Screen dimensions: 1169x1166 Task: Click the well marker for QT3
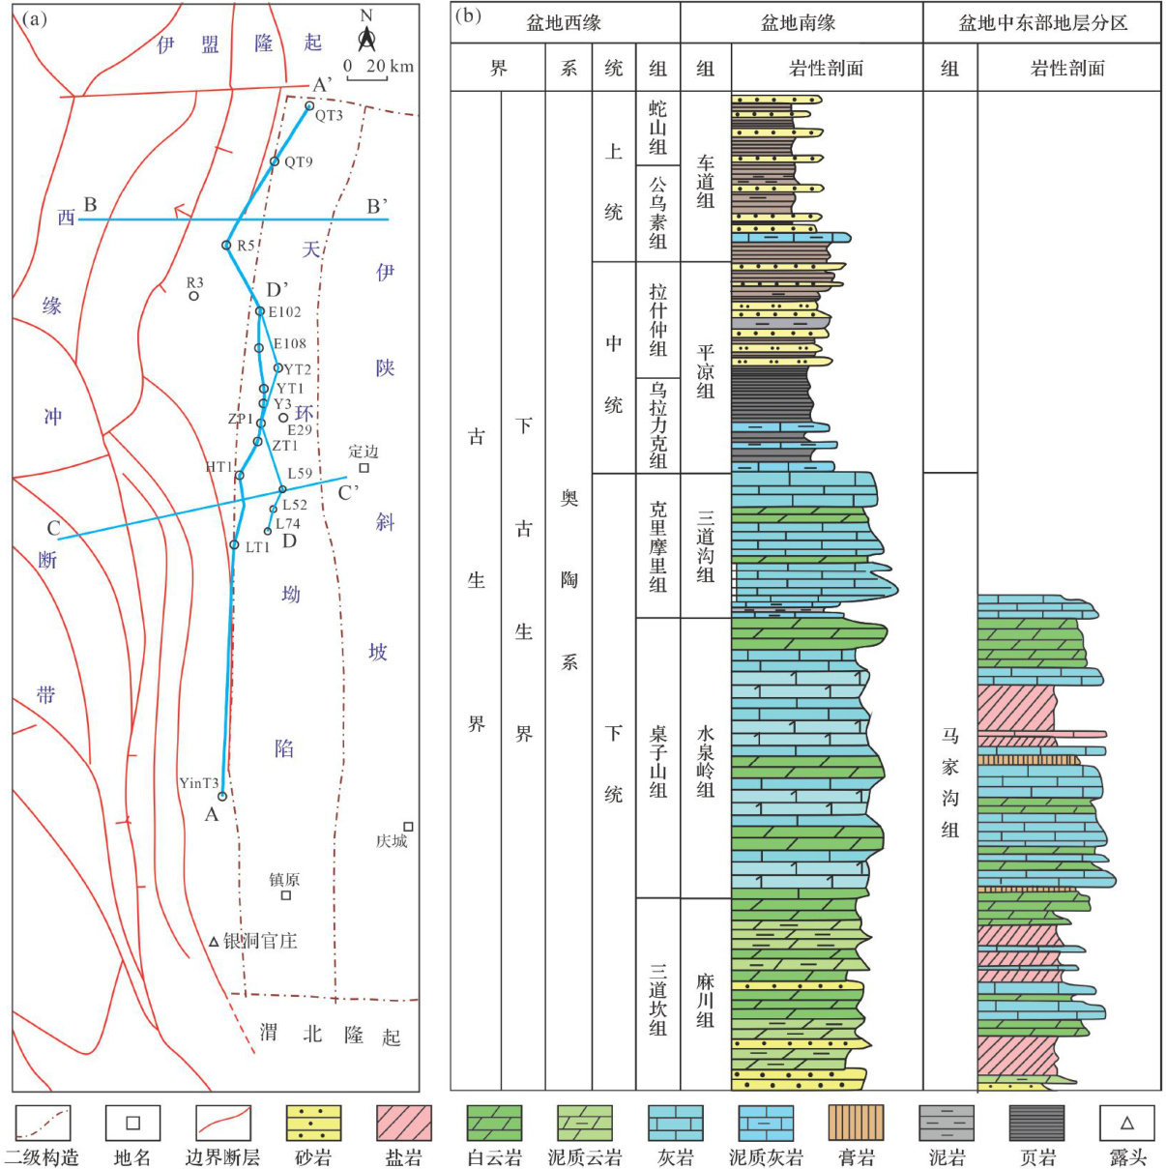coord(309,106)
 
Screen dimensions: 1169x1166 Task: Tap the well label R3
coord(195,282)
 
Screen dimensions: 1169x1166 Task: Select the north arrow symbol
coord(366,39)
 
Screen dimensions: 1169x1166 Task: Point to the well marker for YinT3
coord(222,797)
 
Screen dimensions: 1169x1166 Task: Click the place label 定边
coord(363,452)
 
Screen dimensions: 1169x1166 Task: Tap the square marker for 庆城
coord(408,827)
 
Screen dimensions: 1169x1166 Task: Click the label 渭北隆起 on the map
coord(330,1035)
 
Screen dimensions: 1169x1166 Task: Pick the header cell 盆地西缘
coord(563,22)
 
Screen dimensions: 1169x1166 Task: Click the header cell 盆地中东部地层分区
coord(1042,22)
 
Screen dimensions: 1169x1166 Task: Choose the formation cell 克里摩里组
coord(658,546)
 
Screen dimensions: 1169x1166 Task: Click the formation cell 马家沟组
coord(950,783)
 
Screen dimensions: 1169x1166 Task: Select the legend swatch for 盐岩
coord(403,1124)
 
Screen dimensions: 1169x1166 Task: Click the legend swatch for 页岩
coord(1036,1124)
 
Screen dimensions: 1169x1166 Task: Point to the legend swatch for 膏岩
coord(856,1124)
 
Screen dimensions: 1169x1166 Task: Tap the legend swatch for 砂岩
coord(313,1124)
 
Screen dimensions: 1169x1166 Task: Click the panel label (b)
coord(469,16)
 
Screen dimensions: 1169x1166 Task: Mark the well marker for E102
coord(260,311)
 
